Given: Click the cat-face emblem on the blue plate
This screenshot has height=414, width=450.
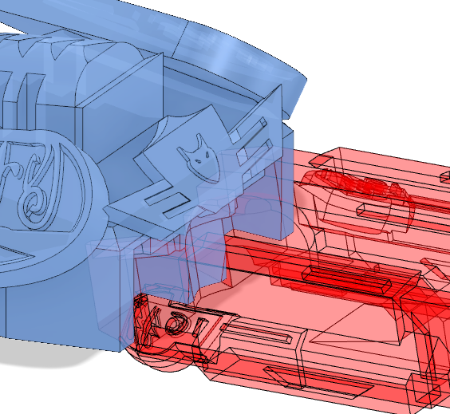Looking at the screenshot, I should click(x=199, y=152).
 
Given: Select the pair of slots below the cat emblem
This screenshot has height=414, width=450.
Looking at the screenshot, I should click(x=164, y=202).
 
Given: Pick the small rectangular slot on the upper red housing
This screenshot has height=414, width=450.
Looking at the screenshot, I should click(x=374, y=210).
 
